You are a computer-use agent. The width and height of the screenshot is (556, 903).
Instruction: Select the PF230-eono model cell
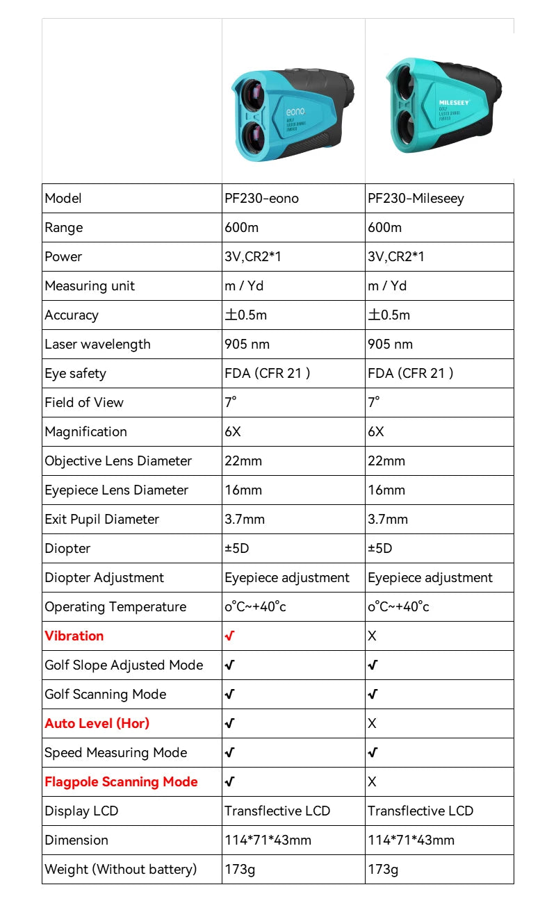(261, 199)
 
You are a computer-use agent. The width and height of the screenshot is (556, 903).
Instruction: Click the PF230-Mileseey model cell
(416, 199)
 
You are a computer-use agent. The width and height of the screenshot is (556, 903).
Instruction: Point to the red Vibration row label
(74, 636)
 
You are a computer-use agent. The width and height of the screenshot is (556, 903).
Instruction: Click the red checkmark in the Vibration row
(229, 636)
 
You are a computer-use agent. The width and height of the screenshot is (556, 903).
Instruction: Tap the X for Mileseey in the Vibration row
(372, 636)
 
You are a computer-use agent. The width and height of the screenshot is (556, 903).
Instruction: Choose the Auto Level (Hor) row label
(97, 724)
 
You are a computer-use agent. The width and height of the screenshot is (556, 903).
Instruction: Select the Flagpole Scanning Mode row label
(121, 782)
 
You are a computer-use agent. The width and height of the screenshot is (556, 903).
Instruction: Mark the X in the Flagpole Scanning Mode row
(372, 782)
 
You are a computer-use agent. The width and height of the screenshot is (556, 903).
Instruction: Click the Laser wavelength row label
(97, 345)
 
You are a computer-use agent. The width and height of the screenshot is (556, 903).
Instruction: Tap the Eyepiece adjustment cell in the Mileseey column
(430, 578)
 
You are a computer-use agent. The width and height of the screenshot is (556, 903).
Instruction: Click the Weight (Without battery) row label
(121, 870)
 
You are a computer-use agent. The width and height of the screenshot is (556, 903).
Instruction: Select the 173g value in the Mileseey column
(383, 870)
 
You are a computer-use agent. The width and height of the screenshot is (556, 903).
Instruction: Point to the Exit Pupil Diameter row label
(102, 520)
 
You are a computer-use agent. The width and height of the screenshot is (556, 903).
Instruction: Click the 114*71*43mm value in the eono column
(268, 840)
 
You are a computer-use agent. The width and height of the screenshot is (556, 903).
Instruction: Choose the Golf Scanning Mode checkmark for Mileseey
(373, 695)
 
